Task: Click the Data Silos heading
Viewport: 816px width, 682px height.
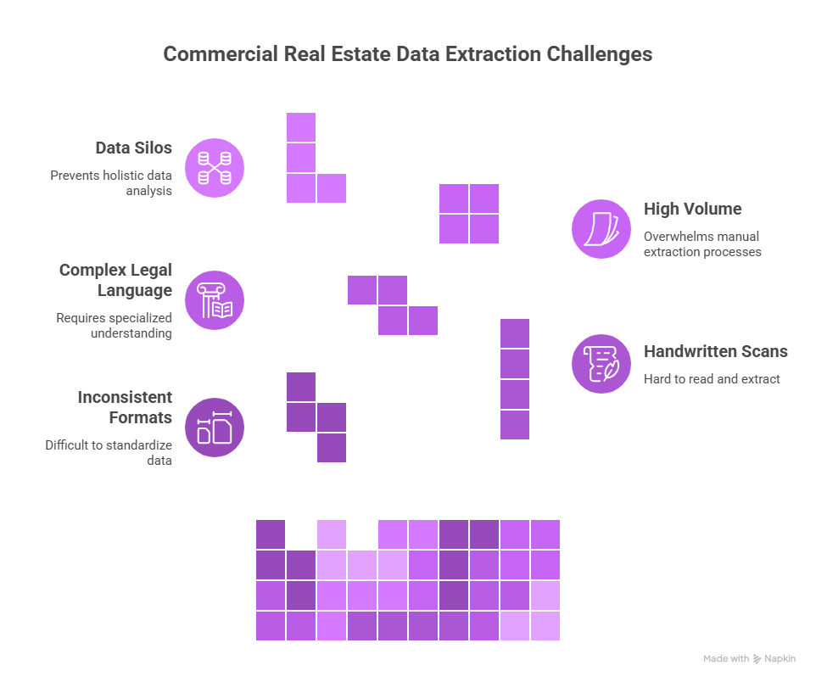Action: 133,148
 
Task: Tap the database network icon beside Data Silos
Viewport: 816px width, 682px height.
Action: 214,167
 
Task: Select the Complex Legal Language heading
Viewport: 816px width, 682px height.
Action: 115,280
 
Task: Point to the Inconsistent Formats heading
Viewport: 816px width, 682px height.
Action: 125,407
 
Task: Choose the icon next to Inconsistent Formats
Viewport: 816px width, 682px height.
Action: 214,427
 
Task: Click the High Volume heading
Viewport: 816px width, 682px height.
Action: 692,209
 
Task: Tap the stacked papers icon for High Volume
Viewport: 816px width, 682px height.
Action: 601,228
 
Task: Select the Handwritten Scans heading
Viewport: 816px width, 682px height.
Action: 715,351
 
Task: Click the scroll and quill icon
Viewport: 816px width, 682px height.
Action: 601,364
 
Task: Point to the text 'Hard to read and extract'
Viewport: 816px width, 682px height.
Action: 711,379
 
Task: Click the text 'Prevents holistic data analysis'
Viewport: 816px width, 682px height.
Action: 111,183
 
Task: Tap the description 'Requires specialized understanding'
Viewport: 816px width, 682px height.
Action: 115,326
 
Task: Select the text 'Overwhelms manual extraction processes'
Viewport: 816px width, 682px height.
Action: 701,244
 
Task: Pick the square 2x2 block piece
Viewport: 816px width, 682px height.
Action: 469,214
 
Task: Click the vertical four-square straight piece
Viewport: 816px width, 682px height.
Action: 515,379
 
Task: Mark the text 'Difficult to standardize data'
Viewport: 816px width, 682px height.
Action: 109,452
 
